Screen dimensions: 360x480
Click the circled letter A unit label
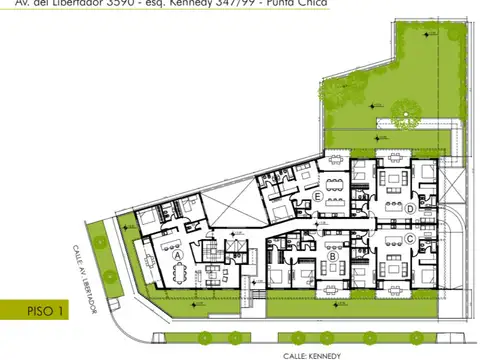[x=177, y=255]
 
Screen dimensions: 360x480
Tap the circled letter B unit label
[x=332, y=256]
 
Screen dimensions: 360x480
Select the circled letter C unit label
[x=410, y=240]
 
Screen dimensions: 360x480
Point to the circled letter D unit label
[x=410, y=208]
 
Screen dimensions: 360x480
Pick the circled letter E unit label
[x=316, y=197]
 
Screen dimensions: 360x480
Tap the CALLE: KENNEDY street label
[x=311, y=355]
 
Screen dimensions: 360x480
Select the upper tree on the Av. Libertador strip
[x=97, y=239]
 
